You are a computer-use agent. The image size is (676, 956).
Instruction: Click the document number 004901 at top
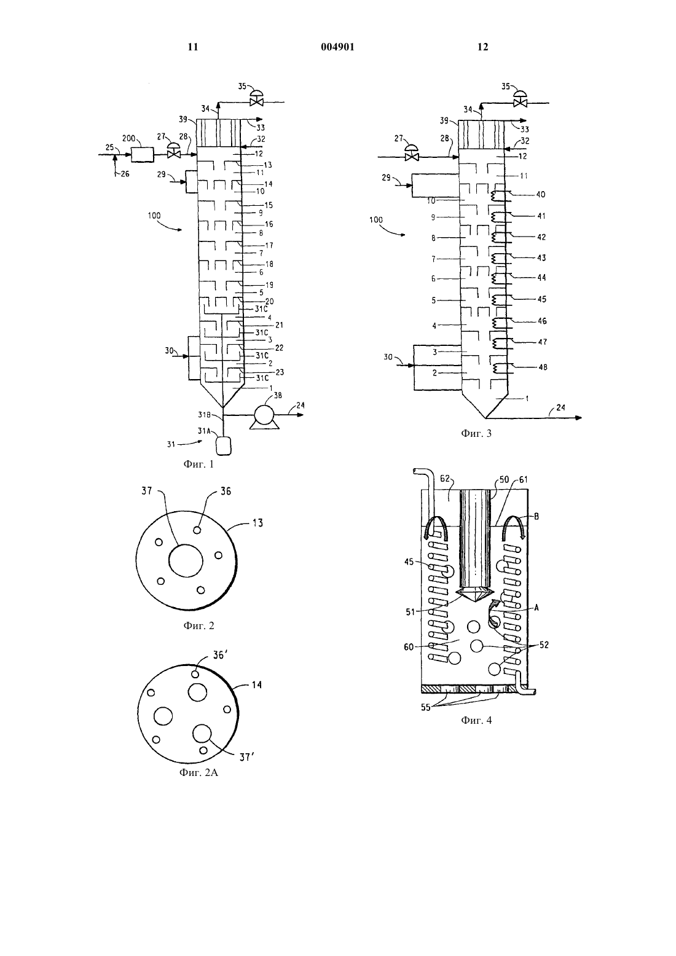tap(337, 47)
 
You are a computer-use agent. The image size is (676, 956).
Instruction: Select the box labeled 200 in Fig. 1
tap(143, 154)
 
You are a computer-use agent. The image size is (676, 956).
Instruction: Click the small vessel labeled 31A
tap(224, 445)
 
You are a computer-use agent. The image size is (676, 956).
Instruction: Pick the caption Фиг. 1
tap(198, 464)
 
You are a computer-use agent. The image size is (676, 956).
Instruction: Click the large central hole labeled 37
tap(186, 561)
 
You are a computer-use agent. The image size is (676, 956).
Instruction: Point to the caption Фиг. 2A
tap(198, 772)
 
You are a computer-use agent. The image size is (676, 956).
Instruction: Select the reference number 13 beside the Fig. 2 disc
tap(257, 522)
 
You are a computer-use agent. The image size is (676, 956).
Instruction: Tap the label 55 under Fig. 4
tap(425, 707)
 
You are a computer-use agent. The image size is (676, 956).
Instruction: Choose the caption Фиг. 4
tap(476, 721)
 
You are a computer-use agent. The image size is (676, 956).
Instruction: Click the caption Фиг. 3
tap(476, 433)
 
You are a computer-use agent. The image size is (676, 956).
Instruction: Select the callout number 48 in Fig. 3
tap(543, 367)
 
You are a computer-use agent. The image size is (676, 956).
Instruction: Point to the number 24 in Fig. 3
tap(560, 407)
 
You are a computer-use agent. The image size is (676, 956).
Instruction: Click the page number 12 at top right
tap(482, 47)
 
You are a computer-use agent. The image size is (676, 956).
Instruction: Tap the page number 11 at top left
tap(193, 47)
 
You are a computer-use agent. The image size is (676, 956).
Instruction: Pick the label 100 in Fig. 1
tap(154, 216)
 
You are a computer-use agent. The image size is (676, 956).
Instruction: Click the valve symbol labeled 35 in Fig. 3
tap(521, 98)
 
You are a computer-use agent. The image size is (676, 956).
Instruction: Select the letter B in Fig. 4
tap(536, 517)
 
